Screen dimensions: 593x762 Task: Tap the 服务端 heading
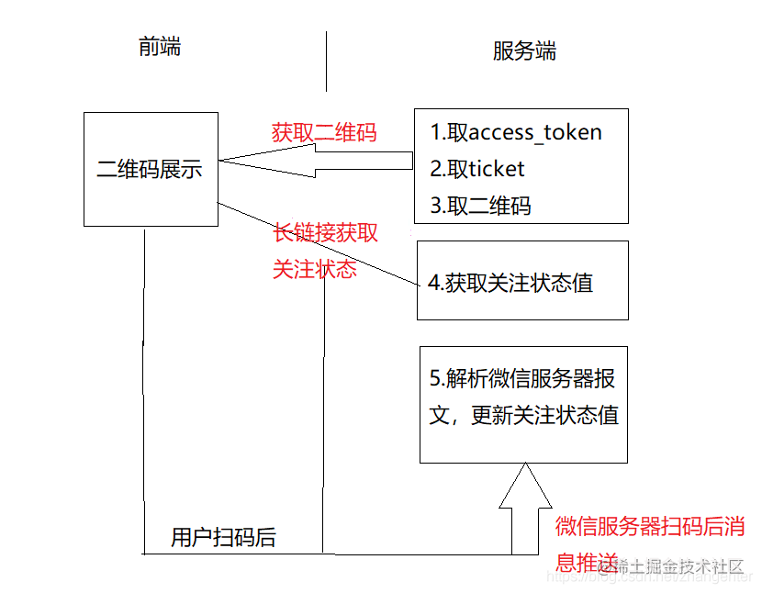(524, 51)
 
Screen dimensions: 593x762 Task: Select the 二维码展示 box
(151, 170)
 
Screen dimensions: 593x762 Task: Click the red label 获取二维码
(324, 132)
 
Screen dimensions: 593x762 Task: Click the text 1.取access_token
(516, 132)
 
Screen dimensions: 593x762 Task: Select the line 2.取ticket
(477, 169)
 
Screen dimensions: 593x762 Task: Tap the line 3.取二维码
(480, 206)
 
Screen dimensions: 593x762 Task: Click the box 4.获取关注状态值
(522, 281)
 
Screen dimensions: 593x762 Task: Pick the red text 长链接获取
(326, 233)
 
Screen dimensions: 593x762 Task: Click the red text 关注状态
(315, 270)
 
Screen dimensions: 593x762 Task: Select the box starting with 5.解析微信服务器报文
(523, 404)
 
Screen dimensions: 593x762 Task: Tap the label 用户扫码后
(223, 538)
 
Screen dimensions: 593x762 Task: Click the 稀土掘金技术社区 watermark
(679, 566)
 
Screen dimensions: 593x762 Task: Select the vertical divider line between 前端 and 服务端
(326, 61)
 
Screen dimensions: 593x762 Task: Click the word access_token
(535, 132)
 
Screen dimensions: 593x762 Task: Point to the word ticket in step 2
(497, 169)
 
